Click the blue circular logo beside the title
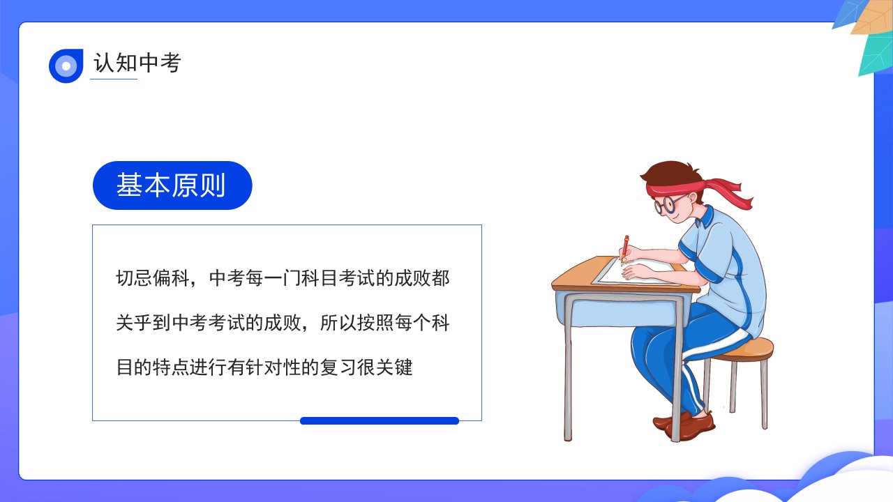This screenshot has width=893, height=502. [66, 66]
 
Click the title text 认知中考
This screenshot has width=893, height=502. [137, 63]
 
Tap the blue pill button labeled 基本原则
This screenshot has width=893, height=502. [172, 185]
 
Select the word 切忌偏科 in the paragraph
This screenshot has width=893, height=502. [152, 278]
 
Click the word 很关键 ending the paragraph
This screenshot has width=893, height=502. [384, 367]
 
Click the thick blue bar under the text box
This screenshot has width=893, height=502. [380, 420]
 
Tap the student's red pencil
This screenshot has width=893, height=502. [624, 250]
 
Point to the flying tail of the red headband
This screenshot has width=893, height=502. [729, 193]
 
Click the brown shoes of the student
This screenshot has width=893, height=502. [684, 425]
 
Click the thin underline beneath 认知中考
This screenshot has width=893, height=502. [114, 79]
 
